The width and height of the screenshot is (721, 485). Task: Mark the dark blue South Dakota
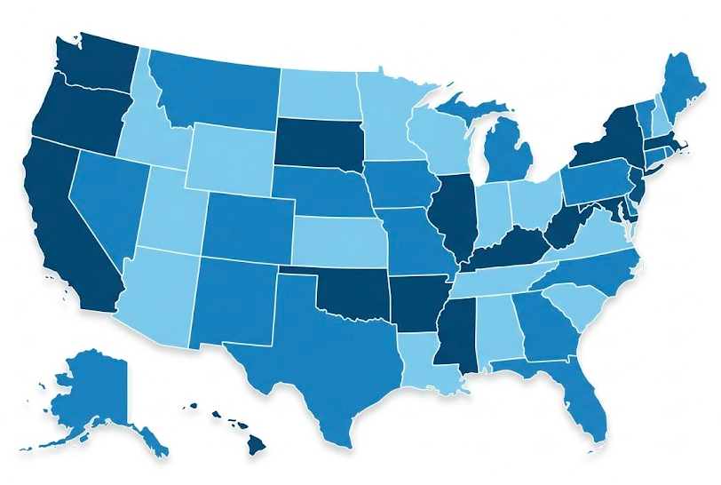pyautogui.click(x=317, y=142)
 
